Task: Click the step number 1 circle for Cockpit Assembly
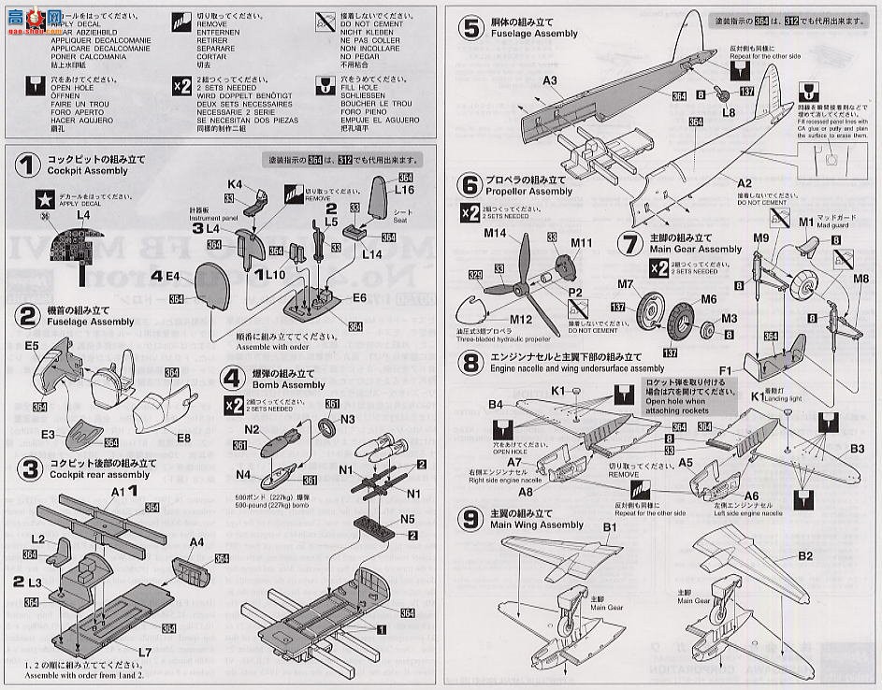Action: click(x=29, y=166)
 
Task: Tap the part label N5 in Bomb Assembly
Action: click(x=408, y=518)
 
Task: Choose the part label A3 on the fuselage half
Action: click(x=550, y=80)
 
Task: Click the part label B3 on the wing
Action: click(x=857, y=448)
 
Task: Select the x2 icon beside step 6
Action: click(x=470, y=213)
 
